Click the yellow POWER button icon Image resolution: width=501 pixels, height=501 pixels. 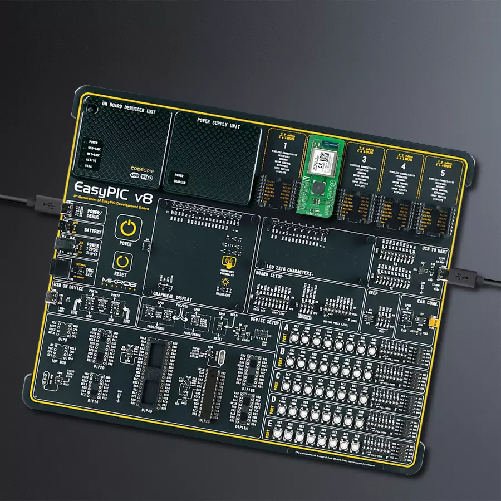(x=128, y=228)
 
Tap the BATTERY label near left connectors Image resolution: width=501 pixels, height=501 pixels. (x=92, y=229)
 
